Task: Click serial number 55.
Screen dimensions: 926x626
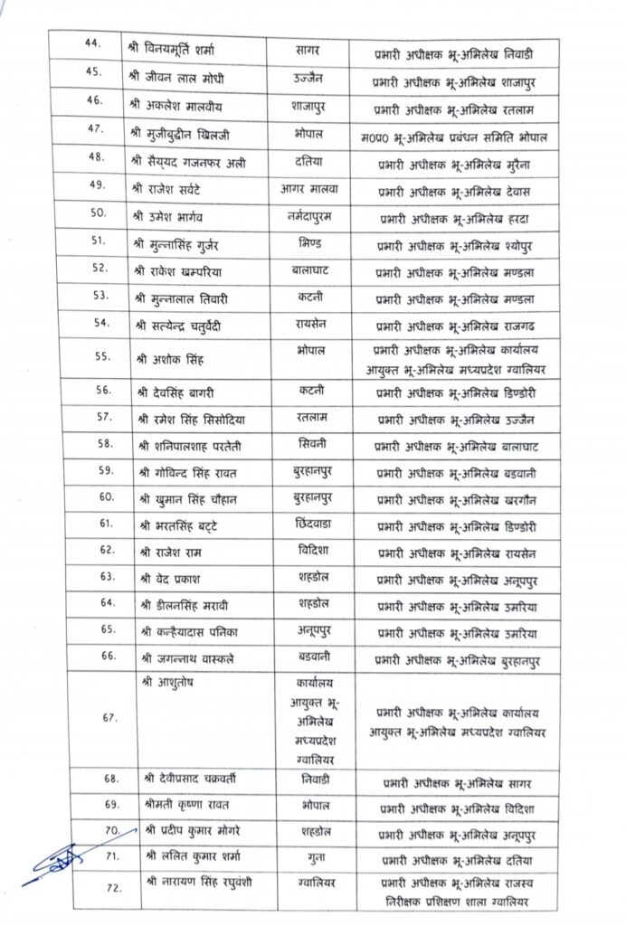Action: pos(103,356)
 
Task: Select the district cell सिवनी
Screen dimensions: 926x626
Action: pos(311,443)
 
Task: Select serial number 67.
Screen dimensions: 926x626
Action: pos(109,717)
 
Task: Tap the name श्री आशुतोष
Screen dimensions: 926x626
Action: pos(167,682)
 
